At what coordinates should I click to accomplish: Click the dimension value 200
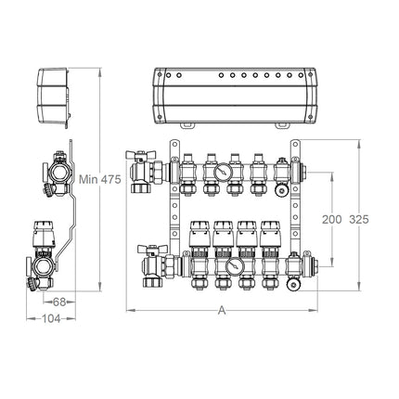tap(332, 219)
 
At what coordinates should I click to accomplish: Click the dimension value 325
tap(359, 219)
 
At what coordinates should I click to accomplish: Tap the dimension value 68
tap(59, 302)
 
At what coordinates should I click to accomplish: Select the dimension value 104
tap(51, 318)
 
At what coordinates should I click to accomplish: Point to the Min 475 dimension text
tap(100, 179)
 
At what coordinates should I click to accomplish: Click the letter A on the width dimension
tap(222, 310)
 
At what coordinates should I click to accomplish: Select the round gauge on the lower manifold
tap(234, 266)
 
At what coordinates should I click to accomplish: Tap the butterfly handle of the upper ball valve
tap(140, 154)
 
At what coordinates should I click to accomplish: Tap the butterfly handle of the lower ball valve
tap(152, 249)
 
